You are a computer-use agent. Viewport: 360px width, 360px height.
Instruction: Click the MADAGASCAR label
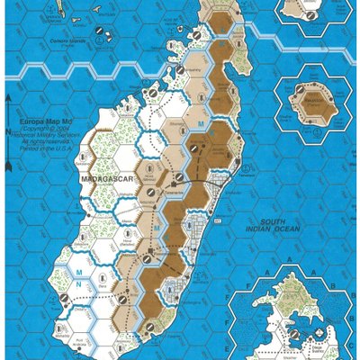coord(107,181)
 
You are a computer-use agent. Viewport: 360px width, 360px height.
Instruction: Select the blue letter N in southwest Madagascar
coord(79,285)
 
